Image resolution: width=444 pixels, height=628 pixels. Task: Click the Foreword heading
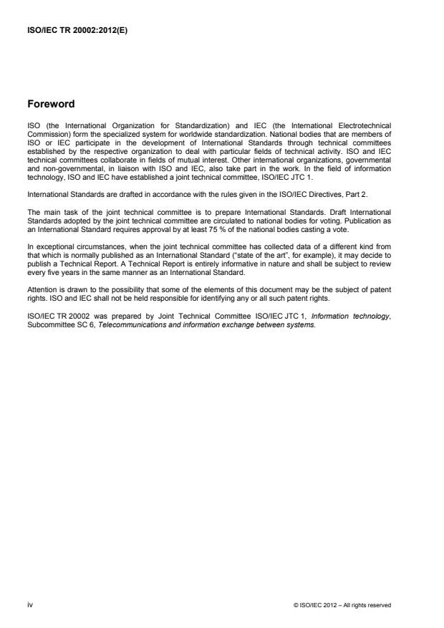tap(52, 104)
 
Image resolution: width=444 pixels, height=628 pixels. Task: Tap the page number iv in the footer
tap(30, 604)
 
